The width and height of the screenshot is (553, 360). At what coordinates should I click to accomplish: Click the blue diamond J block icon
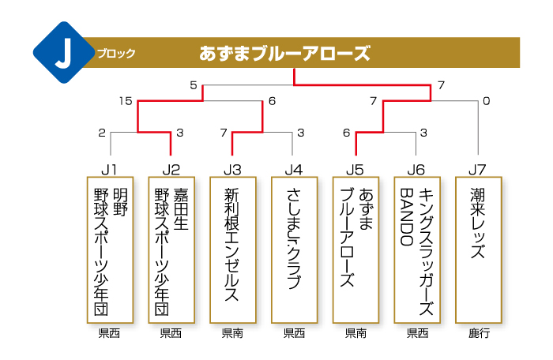[x=64, y=53]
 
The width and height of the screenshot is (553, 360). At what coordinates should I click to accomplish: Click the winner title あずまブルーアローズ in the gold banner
[x=284, y=54]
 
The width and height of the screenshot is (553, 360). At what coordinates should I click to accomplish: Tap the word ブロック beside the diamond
[x=116, y=54]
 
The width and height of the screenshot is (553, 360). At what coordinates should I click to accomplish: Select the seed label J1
[x=109, y=170]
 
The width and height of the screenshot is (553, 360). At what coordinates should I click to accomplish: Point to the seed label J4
[x=294, y=170]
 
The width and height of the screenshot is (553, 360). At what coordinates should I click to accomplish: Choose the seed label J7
[x=477, y=170]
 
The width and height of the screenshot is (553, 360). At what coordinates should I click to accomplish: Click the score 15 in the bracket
[x=126, y=101]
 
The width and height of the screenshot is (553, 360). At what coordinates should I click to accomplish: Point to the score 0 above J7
[x=487, y=101]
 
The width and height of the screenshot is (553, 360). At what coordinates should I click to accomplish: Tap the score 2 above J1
[x=102, y=133]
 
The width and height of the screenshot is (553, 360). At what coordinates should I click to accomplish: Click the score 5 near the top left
[x=194, y=85]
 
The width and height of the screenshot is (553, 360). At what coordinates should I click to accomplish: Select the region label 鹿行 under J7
[x=479, y=333]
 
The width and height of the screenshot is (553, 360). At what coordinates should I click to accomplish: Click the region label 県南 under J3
[x=233, y=333]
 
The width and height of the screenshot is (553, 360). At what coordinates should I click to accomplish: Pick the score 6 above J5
[x=346, y=133]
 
